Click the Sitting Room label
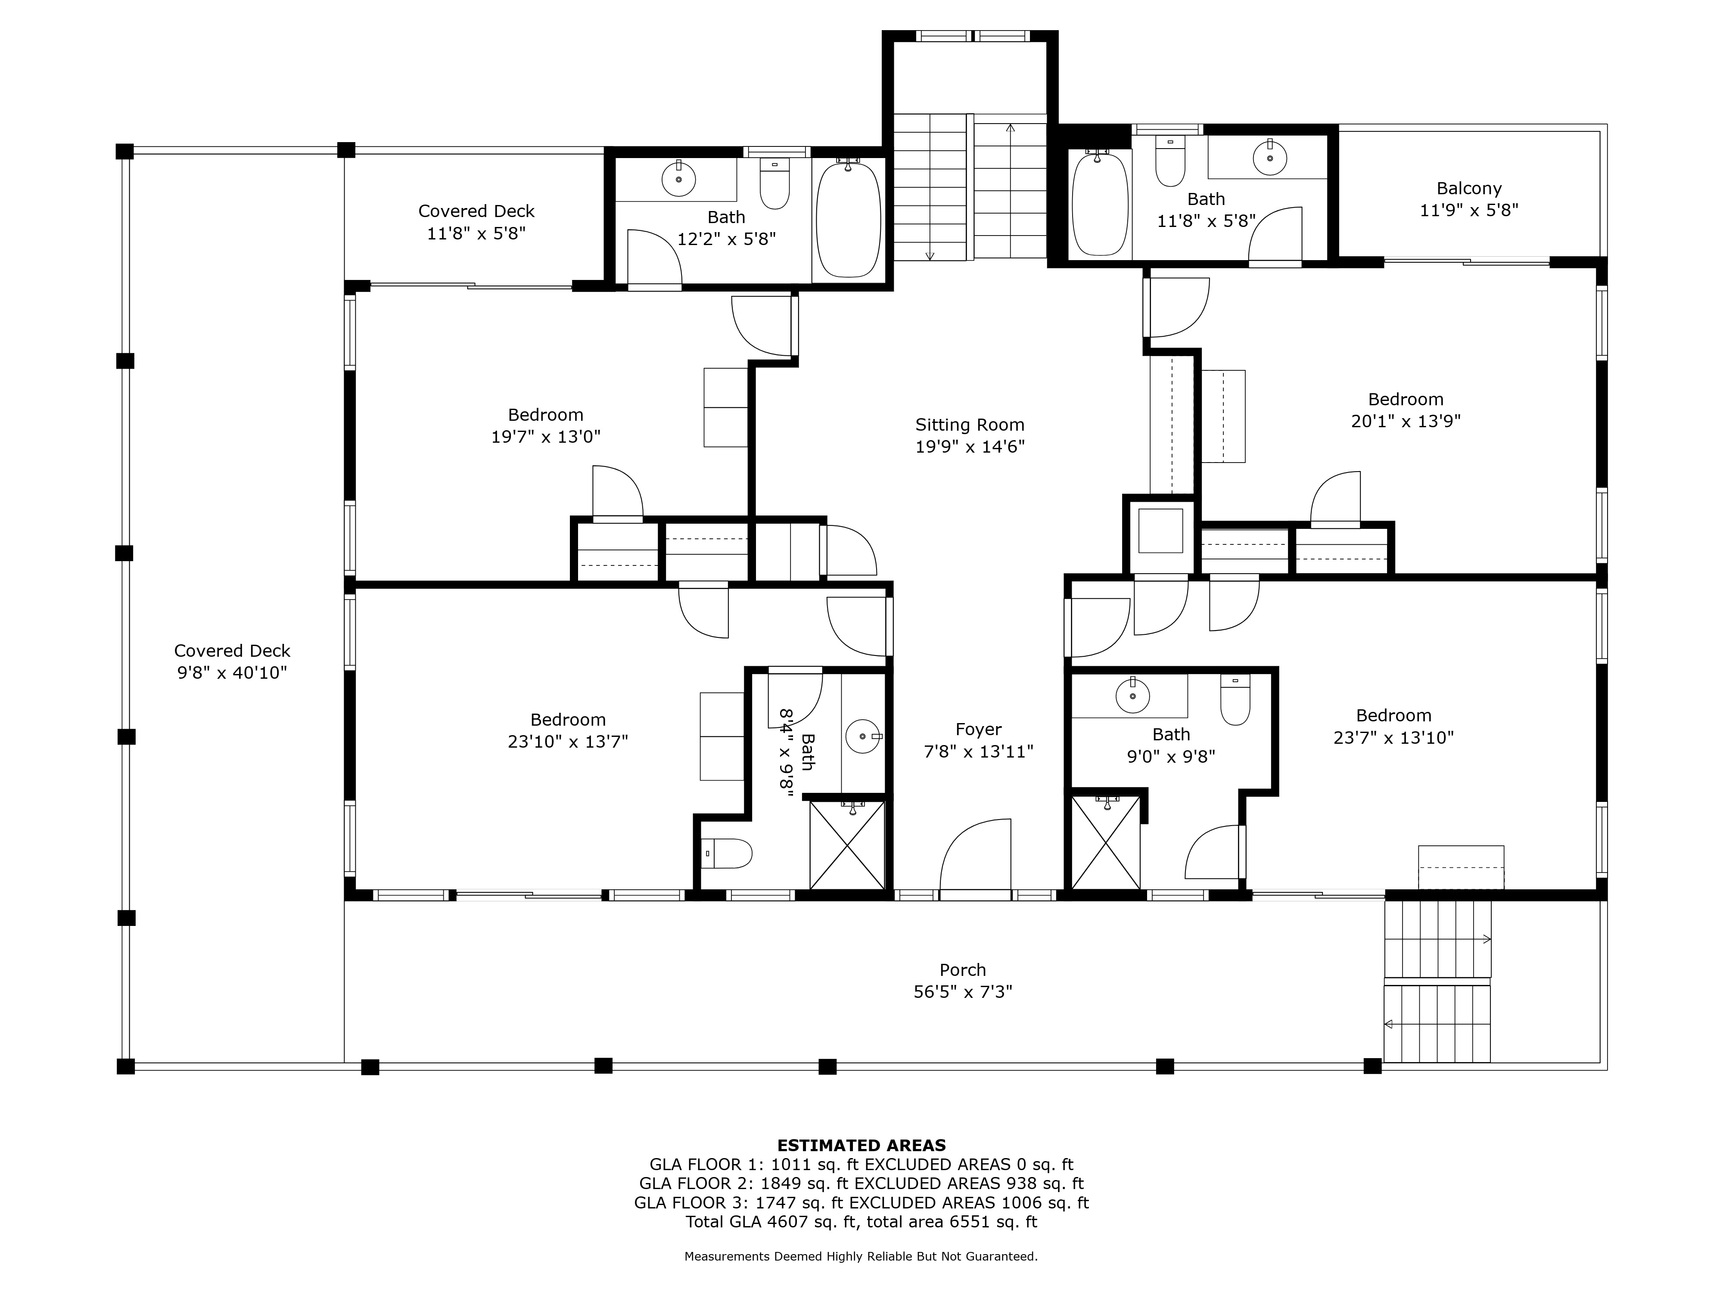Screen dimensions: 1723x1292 pyautogui.click(x=970, y=425)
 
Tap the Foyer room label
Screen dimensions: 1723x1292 pyautogui.click(x=978, y=730)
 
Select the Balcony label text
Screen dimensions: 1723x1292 pyautogui.click(x=1469, y=189)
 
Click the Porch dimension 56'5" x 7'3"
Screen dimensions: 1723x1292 pyautogui.click(x=963, y=991)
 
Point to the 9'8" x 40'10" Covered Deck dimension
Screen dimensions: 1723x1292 pyautogui.click(x=232, y=672)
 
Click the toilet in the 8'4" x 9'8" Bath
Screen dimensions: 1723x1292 pyautogui.click(x=726, y=853)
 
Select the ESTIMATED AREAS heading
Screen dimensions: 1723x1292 pyautogui.click(x=861, y=1146)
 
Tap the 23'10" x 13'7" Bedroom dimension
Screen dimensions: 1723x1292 pyautogui.click(x=568, y=742)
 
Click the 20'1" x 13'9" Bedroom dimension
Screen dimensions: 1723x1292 pyautogui.click(x=1406, y=421)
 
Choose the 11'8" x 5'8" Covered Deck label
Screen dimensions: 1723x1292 pyautogui.click(x=477, y=222)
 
